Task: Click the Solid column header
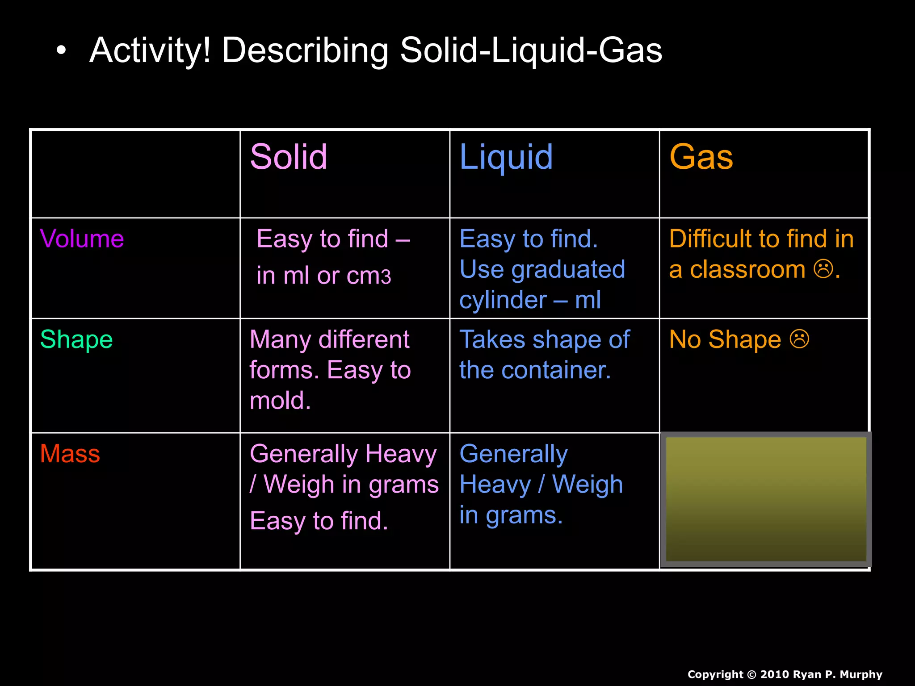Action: [289, 157]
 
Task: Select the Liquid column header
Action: [506, 157]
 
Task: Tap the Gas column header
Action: [701, 157]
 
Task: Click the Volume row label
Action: [82, 238]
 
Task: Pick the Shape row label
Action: [76, 339]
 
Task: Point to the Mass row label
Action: [70, 454]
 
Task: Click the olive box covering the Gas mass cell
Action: [766, 499]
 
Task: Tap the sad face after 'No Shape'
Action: [799, 339]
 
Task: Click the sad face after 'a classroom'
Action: [823, 269]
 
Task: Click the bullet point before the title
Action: [61, 51]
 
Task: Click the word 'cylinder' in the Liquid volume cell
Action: [503, 300]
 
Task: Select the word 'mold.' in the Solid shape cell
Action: [280, 401]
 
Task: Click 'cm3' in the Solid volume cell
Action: [369, 276]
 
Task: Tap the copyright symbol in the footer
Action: [752, 674]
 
